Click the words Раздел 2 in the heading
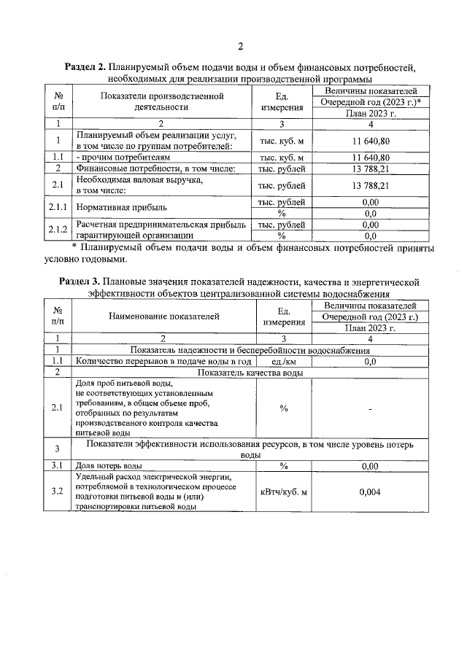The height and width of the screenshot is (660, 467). click(x=88, y=68)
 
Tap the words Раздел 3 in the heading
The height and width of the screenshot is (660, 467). click(x=81, y=281)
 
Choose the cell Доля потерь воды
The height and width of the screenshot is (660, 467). click(x=109, y=465)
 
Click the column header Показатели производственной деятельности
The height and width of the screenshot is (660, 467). click(x=161, y=101)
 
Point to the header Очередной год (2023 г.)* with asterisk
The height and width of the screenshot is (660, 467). click(x=371, y=102)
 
